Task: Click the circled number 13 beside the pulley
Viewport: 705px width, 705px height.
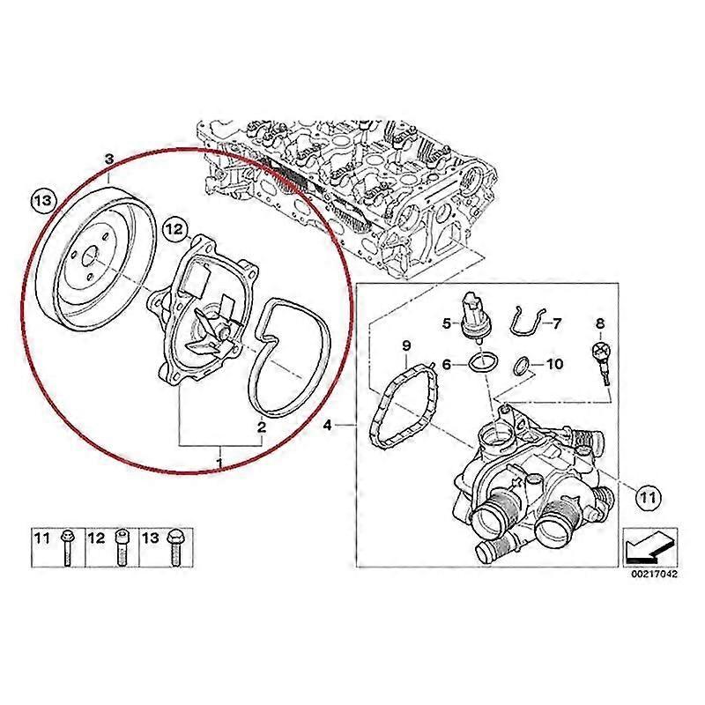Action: [42, 202]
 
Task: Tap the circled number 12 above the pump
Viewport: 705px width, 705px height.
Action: [174, 231]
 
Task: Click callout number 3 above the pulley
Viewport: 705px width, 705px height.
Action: [109, 160]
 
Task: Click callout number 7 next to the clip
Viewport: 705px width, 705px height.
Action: [557, 323]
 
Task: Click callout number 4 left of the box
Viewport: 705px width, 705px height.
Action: [328, 427]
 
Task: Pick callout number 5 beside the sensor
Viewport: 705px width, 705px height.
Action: [447, 323]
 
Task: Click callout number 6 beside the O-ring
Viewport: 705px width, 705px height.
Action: [447, 363]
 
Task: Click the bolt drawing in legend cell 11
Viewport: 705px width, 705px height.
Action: [67, 549]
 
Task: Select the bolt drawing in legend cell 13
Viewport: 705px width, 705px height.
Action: [173, 549]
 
